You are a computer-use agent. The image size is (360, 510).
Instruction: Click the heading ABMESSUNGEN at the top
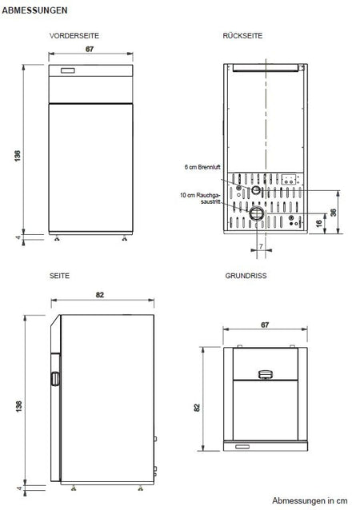(x=29, y=10)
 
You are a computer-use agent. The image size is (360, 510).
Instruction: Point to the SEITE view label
(x=59, y=274)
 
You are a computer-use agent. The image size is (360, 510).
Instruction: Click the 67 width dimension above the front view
(x=90, y=49)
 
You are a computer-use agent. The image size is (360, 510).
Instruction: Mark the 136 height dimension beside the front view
(x=18, y=155)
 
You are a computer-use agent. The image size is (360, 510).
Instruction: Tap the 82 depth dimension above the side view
(x=100, y=294)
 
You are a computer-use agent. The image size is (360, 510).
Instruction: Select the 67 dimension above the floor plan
(x=264, y=325)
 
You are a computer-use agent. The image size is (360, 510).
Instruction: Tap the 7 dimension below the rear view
(x=261, y=248)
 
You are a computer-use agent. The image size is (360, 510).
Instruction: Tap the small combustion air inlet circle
(x=255, y=190)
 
